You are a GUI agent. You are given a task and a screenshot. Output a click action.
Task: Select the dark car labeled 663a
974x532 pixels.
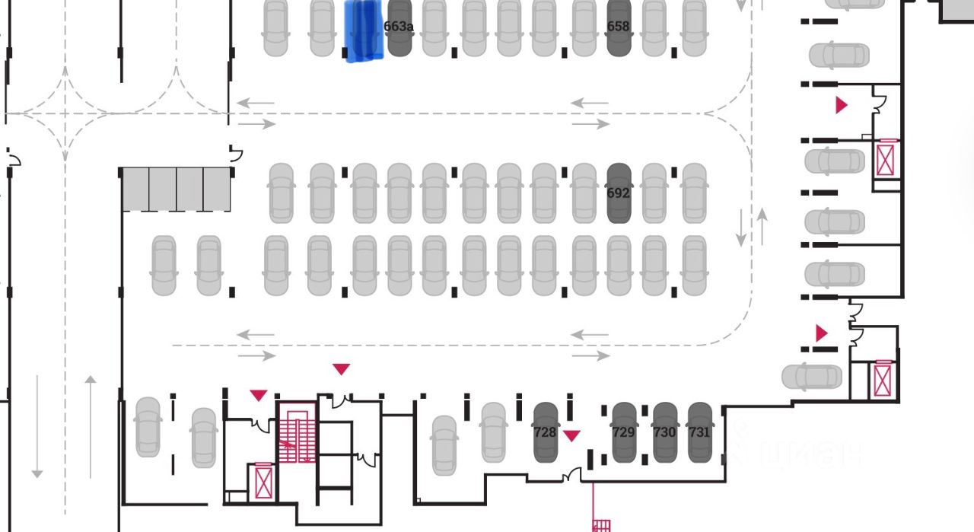[399, 28]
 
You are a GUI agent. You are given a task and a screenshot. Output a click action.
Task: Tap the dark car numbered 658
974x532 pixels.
[619, 28]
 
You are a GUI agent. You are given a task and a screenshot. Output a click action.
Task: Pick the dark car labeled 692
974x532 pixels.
[619, 193]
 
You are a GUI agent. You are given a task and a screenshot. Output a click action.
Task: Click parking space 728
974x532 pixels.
[546, 432]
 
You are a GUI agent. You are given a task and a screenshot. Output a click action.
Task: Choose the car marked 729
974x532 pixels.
[624, 432]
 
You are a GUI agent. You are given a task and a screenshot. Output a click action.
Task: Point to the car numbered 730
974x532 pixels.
[664, 432]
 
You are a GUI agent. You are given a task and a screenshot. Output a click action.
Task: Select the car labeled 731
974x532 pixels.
[699, 432]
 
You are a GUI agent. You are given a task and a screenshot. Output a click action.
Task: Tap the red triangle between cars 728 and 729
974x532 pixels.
[571, 435]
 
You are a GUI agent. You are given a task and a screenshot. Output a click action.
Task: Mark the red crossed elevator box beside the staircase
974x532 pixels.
[263, 481]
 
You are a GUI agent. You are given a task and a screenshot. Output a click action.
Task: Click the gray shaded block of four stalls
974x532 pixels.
[177, 190]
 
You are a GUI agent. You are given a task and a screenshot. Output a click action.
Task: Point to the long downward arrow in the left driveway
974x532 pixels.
[37, 426]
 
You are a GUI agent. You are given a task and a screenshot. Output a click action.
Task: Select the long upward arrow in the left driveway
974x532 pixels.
[91, 426]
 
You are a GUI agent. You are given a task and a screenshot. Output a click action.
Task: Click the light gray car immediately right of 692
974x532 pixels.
[654, 193]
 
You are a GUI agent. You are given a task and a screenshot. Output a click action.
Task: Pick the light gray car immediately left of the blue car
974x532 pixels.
[322, 28]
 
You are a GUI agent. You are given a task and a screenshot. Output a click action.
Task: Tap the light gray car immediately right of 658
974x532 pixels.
[654, 28]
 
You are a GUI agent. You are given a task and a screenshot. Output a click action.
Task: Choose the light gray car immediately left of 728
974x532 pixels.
[494, 432]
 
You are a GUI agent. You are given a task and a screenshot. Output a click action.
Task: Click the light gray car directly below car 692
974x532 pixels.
[619, 265]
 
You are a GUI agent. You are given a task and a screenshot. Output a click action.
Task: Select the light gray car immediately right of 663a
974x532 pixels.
[434, 28]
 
